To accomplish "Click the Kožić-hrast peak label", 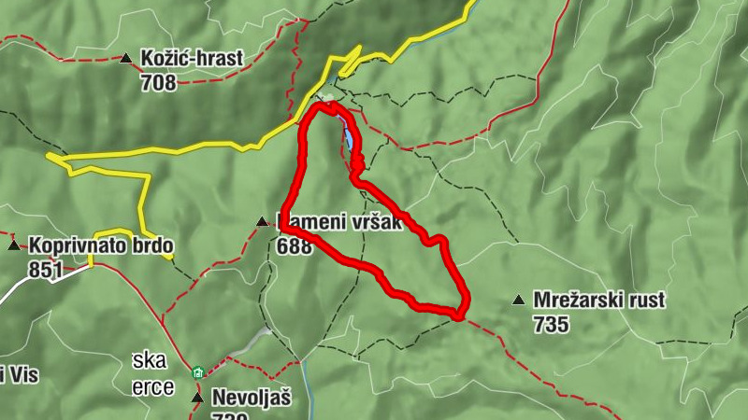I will click(192, 58).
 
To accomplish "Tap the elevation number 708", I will click(159, 82).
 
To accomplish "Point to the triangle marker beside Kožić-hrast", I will click(126, 59).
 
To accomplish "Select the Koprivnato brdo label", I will click(101, 246).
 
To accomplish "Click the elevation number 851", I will click(46, 271).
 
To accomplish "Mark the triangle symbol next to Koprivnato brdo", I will click(14, 246).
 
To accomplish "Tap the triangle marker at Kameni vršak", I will click(262, 222).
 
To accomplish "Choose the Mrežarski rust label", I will click(598, 301).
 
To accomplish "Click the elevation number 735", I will click(552, 325).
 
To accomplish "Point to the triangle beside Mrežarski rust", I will click(518, 301).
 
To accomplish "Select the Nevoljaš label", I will click(252, 398).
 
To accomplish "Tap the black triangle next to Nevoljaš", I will click(197, 398).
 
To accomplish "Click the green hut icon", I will click(197, 373).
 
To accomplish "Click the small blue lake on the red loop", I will click(348, 139).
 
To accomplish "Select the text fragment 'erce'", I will click(153, 387).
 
